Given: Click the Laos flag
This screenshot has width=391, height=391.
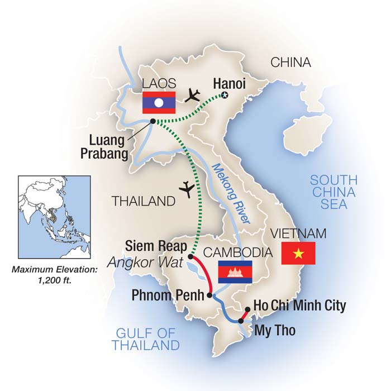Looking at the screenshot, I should coord(159,103).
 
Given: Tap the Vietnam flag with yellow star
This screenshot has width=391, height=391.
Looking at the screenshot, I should coord(298,254).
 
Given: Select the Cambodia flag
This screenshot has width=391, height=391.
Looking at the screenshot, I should coord(235,271).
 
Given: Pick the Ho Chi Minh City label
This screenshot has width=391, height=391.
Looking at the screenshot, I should coord(299,306).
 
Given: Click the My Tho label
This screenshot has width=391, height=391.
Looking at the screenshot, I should coord(275,331).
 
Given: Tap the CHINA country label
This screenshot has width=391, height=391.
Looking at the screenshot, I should coord(290,63).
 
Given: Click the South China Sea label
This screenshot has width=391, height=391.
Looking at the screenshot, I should coord(334,192).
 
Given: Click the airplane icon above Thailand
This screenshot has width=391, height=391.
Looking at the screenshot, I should coord(188,189).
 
